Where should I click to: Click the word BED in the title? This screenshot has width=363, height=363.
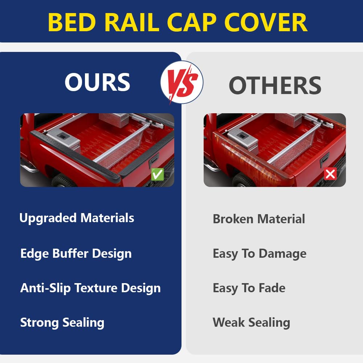coord(72,22)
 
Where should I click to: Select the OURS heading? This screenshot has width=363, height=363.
coord(97,82)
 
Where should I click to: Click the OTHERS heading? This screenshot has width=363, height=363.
coord(275,85)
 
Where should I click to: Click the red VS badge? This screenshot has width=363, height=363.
coord(182,82)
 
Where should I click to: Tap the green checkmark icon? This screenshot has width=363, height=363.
coord(158,174)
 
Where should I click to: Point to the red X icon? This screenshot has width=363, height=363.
coord(330,174)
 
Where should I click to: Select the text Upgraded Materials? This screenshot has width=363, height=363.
coord(77,218)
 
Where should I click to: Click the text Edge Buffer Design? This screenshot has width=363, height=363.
coord(76,253)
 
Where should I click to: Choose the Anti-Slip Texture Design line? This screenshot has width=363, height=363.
coord(90,288)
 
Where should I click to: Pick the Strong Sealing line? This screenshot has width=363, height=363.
coord(62,322)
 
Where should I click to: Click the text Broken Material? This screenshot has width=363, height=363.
coord(259,219)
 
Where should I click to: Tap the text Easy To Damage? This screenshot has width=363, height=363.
coord(260,253)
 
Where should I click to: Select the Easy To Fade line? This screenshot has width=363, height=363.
coord(249,288)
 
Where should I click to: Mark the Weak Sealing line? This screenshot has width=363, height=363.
coord(252,322)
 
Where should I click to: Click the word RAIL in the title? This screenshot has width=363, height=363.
coord(132,22)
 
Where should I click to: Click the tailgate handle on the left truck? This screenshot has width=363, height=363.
coord(154,159)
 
